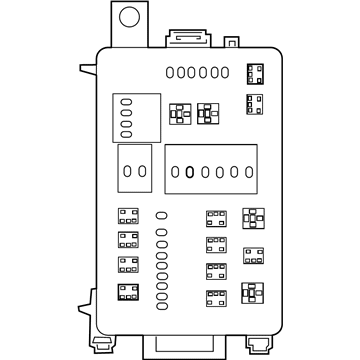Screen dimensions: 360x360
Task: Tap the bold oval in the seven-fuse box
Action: coord(189,171)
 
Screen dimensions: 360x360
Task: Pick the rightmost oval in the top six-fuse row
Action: coord(225,71)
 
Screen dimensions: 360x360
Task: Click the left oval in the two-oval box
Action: coord(126,170)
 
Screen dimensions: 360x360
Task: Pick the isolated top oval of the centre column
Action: coord(161,215)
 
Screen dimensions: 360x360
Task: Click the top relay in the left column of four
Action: coord(127,216)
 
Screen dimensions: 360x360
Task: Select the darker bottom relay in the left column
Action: coord(127,292)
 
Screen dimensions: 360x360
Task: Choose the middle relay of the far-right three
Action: coord(252,255)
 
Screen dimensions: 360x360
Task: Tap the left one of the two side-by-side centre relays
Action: coord(181,112)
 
